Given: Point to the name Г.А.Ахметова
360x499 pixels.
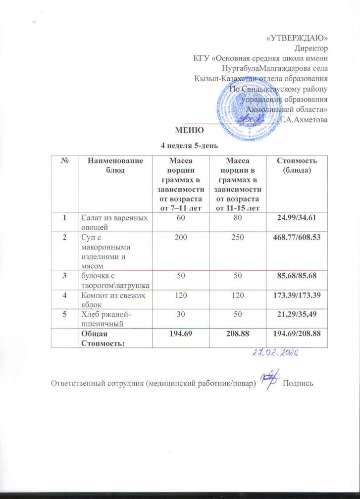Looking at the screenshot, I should pos(304,119).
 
